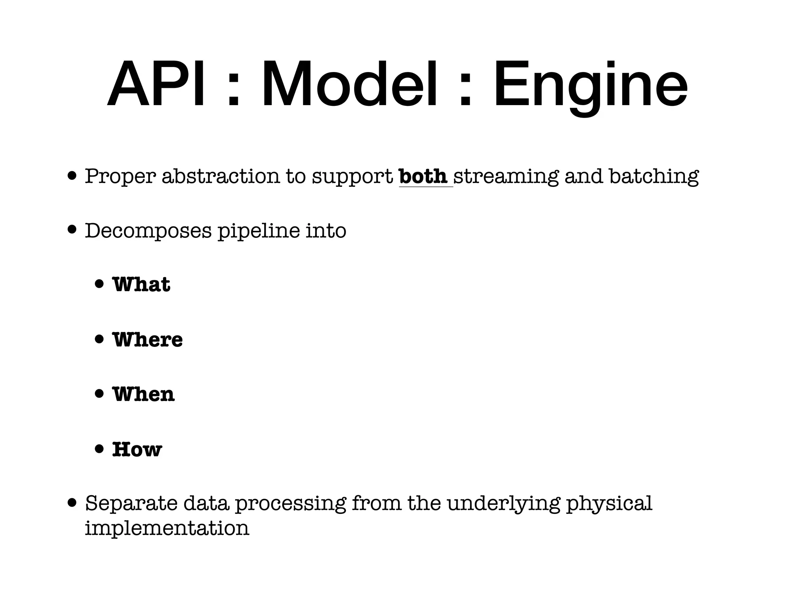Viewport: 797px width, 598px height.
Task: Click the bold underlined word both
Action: click(423, 176)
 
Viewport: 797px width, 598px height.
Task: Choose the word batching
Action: click(654, 177)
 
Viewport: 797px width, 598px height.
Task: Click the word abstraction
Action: click(221, 176)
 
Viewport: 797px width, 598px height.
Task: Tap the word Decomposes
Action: click(148, 231)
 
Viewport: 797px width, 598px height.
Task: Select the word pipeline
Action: click(258, 231)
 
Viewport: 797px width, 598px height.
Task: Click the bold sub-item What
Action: click(141, 284)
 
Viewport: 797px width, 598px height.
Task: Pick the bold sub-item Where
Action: click(147, 339)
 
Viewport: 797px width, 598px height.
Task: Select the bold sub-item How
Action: click(137, 449)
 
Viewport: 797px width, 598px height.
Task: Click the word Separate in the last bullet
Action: click(130, 503)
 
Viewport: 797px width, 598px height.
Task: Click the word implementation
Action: click(167, 528)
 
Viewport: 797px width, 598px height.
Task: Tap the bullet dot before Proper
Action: click(72, 175)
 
